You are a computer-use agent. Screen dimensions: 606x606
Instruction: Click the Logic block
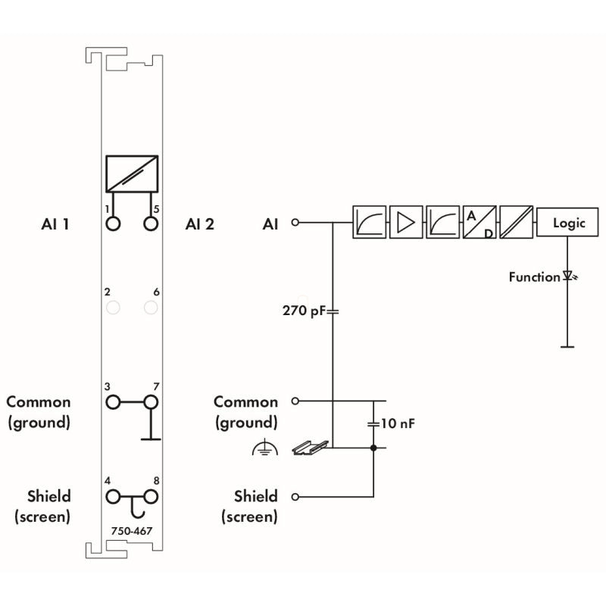pyautogui.click(x=567, y=222)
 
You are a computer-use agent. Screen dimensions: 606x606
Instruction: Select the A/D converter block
pyautogui.click(x=479, y=222)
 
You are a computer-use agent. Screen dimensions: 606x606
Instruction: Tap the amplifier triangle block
pyautogui.click(x=406, y=222)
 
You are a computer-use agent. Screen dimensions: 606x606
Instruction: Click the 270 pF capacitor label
pyautogui.click(x=305, y=311)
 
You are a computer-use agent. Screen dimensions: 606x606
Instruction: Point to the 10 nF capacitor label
pyautogui.click(x=398, y=423)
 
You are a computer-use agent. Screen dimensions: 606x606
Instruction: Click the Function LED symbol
pyautogui.click(x=569, y=276)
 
